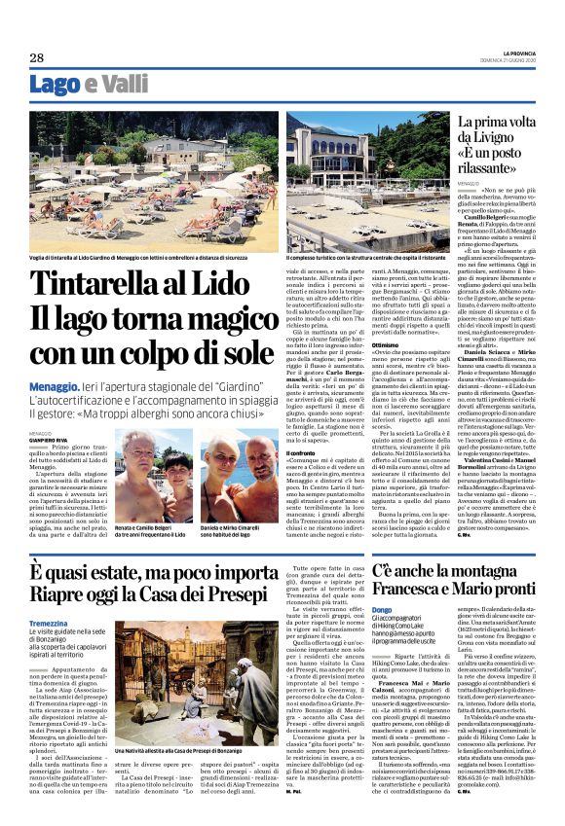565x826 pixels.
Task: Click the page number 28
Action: click(37, 57)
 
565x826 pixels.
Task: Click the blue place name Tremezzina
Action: click(49, 623)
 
